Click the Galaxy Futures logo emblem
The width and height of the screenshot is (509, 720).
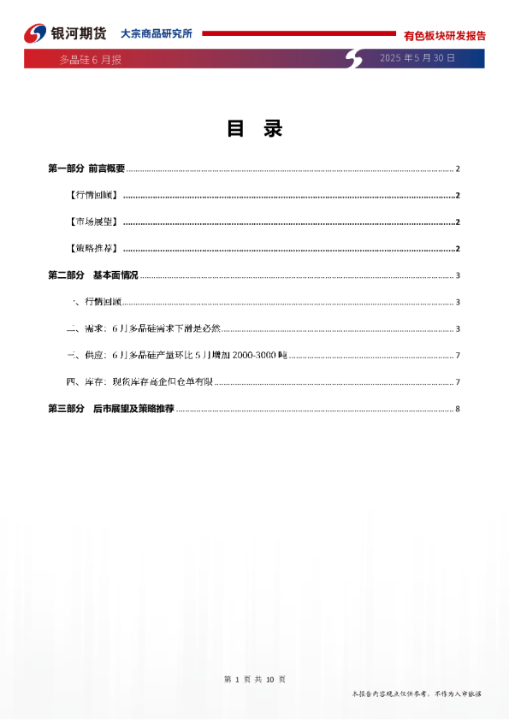point(35,33)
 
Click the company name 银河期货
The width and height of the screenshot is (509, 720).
point(79,33)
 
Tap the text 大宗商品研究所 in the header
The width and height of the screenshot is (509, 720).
point(156,33)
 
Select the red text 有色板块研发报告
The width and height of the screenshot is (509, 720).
point(444,36)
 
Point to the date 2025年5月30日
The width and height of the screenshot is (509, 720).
point(417,58)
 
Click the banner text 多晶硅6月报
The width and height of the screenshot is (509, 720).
point(90,60)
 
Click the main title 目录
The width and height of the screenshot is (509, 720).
point(254,129)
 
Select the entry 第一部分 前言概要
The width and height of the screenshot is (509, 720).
point(86,168)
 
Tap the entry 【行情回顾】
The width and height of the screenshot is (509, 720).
point(93,196)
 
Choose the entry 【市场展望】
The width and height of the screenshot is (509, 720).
point(93,222)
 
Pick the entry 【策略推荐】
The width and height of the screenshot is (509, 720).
point(93,249)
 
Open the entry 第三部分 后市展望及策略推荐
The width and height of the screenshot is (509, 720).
point(111,409)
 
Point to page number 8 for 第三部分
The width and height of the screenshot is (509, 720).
point(459,409)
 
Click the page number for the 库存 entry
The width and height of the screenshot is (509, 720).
point(459,381)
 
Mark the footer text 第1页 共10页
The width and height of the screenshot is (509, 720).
point(254,679)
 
